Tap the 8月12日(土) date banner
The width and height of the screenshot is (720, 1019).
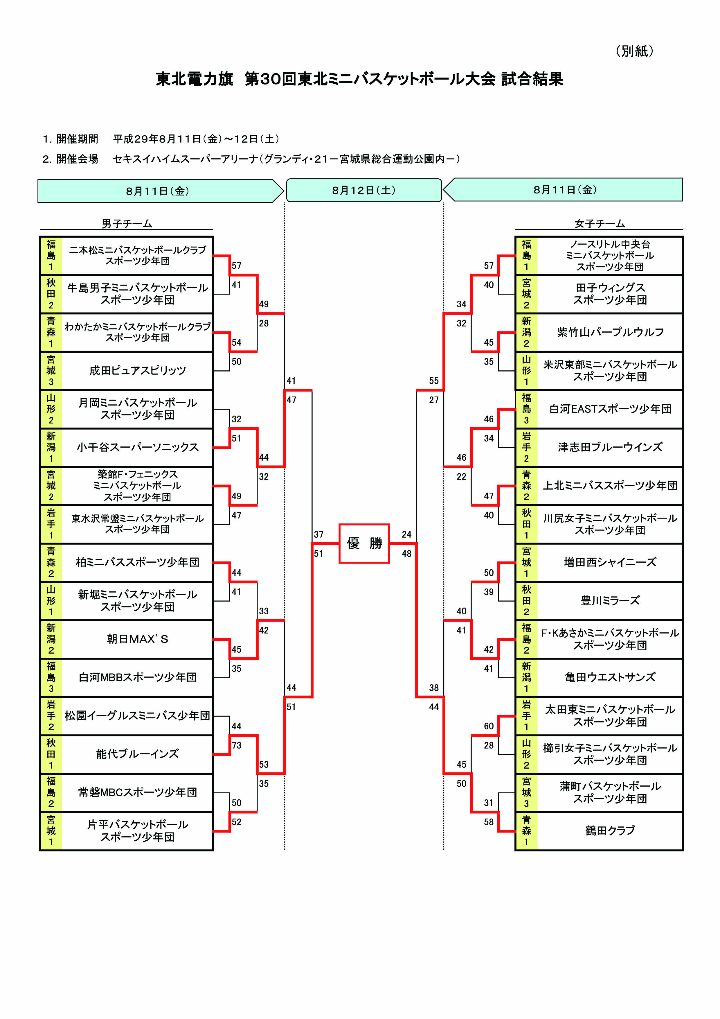364,190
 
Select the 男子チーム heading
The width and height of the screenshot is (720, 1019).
127,224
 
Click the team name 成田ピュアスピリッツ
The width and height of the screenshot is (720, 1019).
138,371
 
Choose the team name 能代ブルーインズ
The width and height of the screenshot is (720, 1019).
138,754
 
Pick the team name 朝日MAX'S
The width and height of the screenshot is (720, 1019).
138,639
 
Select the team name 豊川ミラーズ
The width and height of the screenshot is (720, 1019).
610,600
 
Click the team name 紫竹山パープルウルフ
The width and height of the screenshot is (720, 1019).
610,332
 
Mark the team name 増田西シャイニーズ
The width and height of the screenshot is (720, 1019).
610,562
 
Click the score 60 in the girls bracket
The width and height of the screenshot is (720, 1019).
488,726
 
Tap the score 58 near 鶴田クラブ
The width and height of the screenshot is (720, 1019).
488,822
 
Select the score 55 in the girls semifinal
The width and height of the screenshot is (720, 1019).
433,381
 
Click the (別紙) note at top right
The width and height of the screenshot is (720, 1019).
634,51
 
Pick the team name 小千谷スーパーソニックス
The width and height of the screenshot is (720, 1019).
138,447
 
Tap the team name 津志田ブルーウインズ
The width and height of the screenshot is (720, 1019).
610,447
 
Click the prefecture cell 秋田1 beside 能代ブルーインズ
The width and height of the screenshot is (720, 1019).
51,754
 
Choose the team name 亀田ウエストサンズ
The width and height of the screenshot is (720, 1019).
610,677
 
